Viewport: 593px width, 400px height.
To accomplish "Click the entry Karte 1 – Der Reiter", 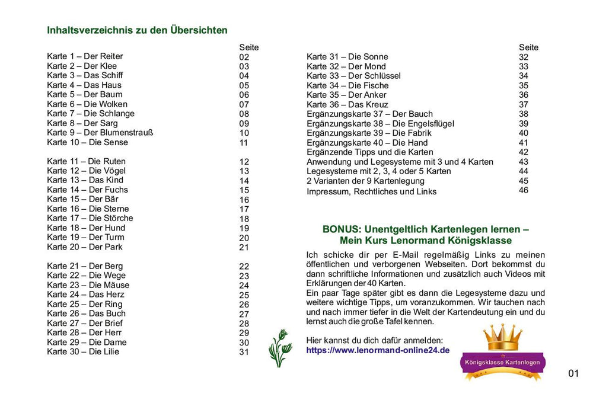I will [x=85, y=57].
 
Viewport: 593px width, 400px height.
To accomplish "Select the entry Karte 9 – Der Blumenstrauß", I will [x=100, y=133].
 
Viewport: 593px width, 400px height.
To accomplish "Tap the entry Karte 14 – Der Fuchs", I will [x=87, y=190].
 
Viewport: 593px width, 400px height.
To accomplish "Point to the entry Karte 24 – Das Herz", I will [x=86, y=295].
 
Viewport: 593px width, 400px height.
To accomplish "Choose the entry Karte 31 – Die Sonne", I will [x=347, y=57].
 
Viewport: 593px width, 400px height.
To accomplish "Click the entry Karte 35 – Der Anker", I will [x=346, y=95].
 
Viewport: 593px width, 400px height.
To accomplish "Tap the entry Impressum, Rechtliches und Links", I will [x=371, y=191].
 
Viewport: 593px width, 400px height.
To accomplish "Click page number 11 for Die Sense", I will [x=244, y=143].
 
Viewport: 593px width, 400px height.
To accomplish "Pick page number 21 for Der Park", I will [x=244, y=247].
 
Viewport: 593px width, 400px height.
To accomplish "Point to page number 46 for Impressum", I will [x=523, y=190].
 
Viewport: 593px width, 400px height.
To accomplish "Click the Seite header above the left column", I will [x=248, y=47].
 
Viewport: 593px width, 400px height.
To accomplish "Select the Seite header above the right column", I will [x=528, y=47].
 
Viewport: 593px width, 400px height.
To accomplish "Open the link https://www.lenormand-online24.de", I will [x=378, y=350].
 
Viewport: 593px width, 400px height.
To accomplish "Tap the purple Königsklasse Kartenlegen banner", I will [x=503, y=361].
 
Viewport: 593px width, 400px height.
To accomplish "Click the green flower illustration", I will [x=280, y=348].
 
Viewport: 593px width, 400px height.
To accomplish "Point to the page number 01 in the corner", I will [x=573, y=373].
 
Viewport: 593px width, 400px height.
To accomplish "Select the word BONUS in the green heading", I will [x=341, y=229].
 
